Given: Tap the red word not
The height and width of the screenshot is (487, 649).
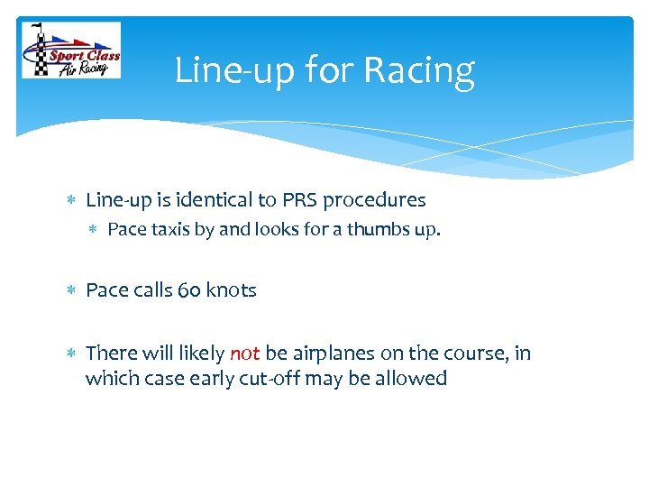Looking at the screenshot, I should [x=244, y=354].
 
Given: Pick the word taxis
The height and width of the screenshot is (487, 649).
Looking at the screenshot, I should [x=169, y=229].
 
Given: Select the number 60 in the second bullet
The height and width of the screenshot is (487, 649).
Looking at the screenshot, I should [x=190, y=290].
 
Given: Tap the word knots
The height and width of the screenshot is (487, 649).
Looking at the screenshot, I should [x=232, y=290].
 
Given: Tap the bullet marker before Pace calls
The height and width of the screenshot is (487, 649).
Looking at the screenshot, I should [x=72, y=290].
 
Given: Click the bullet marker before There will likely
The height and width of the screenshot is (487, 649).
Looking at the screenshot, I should [x=72, y=354].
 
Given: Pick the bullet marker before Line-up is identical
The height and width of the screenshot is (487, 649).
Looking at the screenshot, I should [x=72, y=199].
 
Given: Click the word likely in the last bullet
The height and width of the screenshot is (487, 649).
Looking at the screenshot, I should [x=200, y=354].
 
